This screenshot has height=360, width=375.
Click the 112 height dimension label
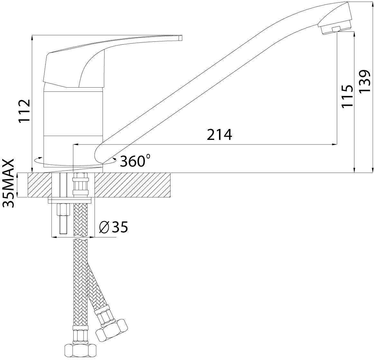[x=25, y=110]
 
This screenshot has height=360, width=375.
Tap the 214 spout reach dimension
[x=219, y=134]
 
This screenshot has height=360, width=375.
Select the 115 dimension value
[x=347, y=96]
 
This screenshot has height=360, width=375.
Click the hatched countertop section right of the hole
[x=133, y=185]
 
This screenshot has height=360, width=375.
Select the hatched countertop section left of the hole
[x=40, y=185]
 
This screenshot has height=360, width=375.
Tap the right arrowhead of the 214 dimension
[x=334, y=144]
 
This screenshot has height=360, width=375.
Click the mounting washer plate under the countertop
[x=70, y=200]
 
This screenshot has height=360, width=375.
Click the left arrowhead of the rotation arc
[x=36, y=159]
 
